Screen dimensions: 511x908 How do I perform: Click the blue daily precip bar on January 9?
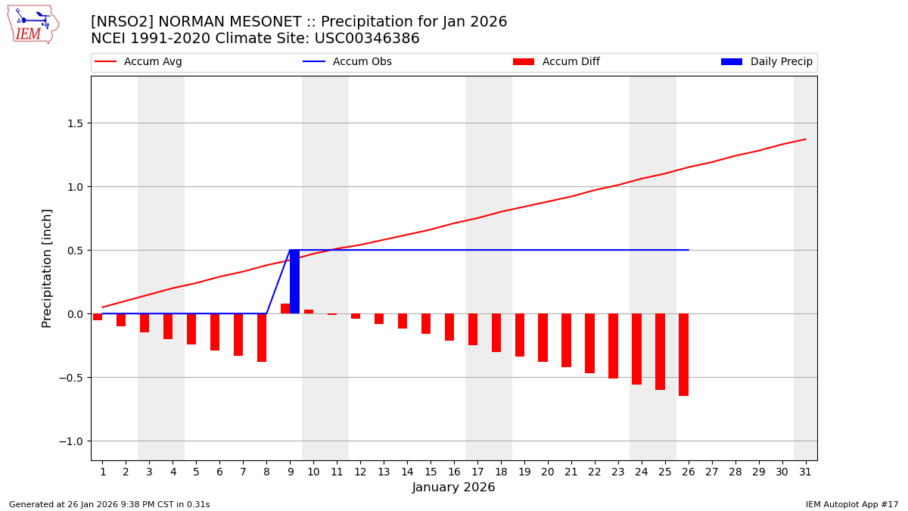(294, 282)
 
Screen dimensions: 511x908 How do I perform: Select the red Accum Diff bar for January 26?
(683, 354)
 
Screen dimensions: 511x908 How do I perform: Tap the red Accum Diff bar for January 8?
(262, 338)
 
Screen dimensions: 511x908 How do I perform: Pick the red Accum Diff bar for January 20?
(543, 338)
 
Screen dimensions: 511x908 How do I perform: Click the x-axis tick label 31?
(805, 472)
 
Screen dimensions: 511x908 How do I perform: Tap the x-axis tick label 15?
(431, 472)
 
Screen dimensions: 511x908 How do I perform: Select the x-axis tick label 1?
(103, 472)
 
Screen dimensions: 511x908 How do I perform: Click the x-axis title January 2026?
(453, 488)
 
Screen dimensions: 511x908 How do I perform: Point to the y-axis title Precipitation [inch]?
(47, 268)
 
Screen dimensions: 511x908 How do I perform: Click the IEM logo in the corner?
(33, 24)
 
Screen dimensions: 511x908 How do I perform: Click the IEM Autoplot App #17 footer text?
(851, 504)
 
